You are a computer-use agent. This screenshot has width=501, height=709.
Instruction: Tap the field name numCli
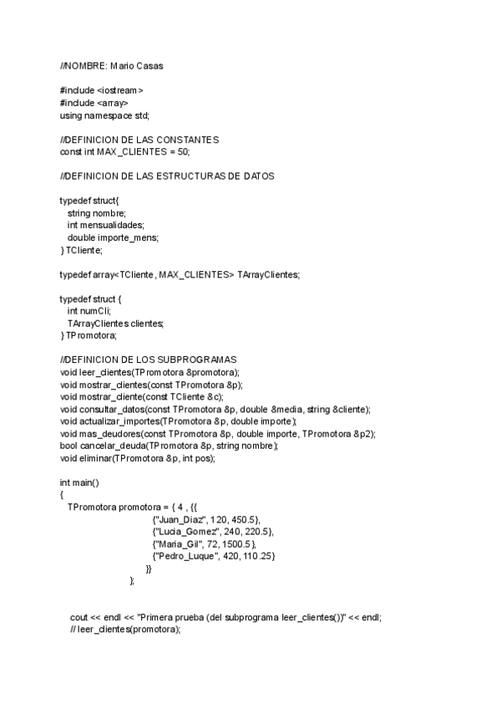[96, 311]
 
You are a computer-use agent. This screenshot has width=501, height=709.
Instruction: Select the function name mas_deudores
[108, 434]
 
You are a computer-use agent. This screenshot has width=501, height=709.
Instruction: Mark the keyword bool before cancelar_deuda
[68, 446]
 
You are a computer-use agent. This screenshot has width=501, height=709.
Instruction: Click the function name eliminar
[96, 458]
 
